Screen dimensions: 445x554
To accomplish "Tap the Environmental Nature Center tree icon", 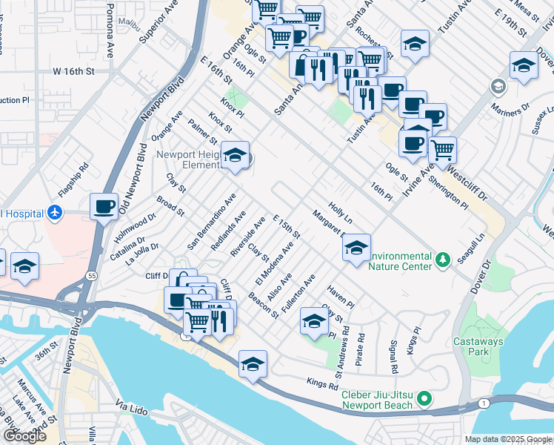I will (x=442, y=259).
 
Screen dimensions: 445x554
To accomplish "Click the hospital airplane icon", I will (x=54, y=213).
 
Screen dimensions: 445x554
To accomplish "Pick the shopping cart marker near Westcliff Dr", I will (x=442, y=150).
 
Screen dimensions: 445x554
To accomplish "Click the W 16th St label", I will (x=74, y=72).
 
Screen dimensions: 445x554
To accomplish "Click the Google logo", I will (x=24, y=436).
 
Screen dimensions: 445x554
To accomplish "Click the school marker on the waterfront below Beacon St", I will (x=253, y=363).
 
